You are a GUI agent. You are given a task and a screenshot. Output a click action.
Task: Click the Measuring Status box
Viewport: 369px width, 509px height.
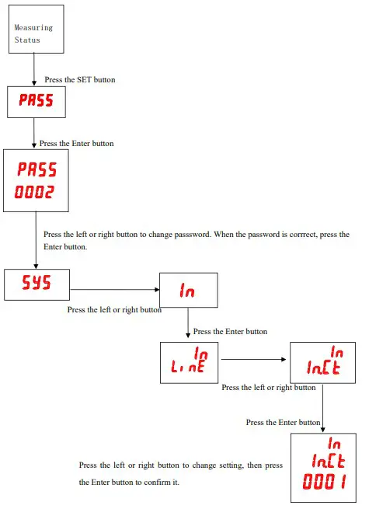coord(35,30)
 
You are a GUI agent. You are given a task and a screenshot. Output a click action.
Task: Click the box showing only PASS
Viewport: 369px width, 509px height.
coord(35,102)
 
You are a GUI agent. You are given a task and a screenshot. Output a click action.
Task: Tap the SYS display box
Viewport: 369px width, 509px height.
coord(37,284)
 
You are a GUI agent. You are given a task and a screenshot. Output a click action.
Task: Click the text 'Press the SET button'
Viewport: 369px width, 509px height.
coord(81,79)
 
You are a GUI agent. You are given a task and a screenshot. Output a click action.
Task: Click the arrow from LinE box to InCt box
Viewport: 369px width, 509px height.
coord(254,361)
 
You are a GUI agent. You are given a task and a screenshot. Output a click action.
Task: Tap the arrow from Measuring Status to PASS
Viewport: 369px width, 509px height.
coord(34,69)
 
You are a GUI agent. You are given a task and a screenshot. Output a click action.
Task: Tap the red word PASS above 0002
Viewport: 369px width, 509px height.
coord(37,168)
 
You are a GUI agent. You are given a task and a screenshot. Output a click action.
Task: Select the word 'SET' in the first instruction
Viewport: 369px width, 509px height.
coord(81,79)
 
